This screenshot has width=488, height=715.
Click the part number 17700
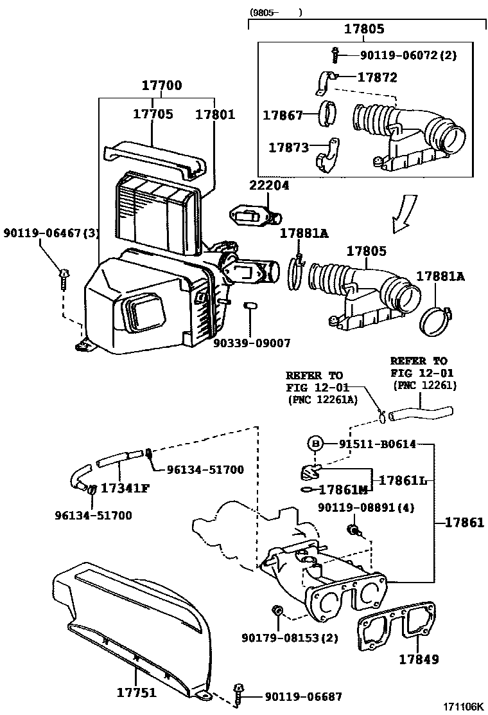(x=161, y=86)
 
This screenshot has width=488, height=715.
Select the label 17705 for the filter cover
(x=153, y=114)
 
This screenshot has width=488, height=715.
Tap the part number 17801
(x=215, y=114)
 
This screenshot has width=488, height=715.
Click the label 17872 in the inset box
(x=377, y=77)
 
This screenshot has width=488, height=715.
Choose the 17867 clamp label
(x=283, y=116)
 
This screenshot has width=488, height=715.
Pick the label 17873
(x=288, y=147)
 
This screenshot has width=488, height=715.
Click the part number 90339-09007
(x=252, y=343)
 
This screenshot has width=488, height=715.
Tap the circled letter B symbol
(x=315, y=444)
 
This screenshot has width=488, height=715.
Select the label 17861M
(x=342, y=489)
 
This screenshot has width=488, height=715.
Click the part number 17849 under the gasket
(x=418, y=658)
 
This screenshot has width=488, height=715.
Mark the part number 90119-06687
(x=303, y=696)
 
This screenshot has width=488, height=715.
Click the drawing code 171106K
(x=462, y=707)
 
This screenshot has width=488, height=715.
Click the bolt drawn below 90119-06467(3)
(x=64, y=278)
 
